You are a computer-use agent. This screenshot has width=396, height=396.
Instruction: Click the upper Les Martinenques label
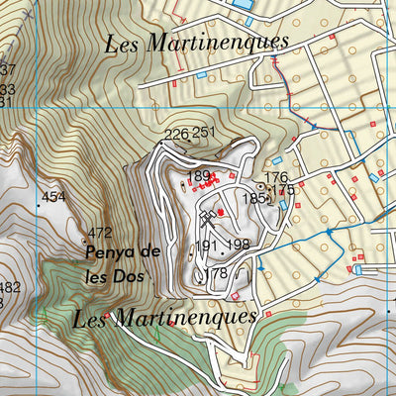coord(196,43)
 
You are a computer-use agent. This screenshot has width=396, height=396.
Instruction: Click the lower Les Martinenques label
coord(164,317)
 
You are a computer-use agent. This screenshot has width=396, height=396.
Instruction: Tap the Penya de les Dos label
coord(123,263)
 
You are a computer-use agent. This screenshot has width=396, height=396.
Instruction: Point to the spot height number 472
coord(99,234)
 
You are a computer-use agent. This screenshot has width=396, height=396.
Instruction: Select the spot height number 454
coord(53,198)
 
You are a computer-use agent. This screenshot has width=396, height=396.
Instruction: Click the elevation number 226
coord(176,134)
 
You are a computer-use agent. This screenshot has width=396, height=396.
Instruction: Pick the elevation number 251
coord(204,133)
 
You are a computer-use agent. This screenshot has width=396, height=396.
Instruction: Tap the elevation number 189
coord(198,176)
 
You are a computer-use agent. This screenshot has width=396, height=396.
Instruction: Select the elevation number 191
coord(206,246)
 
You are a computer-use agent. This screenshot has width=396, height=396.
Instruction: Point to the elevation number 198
coord(238,245)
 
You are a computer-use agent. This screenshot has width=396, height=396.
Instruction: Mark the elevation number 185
coord(254,199)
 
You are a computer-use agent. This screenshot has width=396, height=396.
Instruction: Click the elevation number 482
coord(9,288)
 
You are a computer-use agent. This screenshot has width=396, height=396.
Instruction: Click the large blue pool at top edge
coord(242,5)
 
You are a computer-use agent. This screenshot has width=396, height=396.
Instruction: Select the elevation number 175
coord(283,189)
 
